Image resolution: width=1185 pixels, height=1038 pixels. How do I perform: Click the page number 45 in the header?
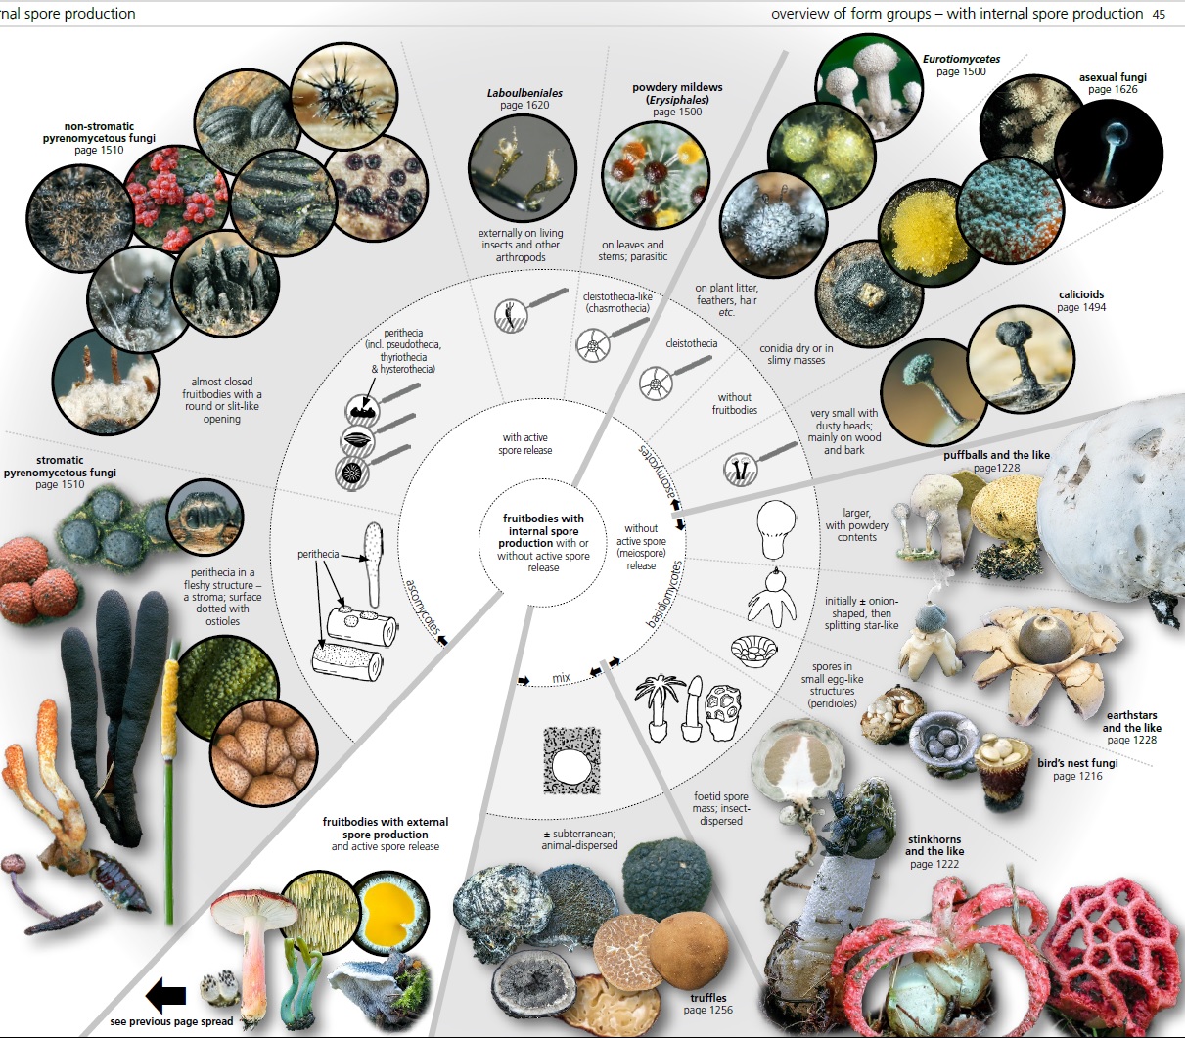pos(1159,14)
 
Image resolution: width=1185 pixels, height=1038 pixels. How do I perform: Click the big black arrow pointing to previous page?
pos(165,995)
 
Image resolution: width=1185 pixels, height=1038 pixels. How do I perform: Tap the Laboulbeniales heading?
pos(524,93)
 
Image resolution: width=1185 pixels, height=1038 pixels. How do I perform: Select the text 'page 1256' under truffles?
pos(707,1010)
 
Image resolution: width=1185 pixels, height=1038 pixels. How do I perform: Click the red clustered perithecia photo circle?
pos(177,199)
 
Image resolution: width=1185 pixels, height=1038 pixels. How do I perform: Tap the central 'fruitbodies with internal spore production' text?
pos(543,530)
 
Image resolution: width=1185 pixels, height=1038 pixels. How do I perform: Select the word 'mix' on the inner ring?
pos(561,678)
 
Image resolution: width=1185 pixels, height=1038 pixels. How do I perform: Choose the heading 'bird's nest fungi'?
pos(1077,763)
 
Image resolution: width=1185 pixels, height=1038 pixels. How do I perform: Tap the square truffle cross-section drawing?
pos(572,761)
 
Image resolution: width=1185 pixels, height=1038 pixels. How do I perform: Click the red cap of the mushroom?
pos(253,909)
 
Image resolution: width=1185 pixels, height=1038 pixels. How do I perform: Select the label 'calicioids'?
pos(1081,294)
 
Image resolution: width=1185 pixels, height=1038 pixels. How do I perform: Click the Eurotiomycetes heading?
pos(961,59)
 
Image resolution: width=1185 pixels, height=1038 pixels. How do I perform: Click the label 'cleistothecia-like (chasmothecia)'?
pos(617,302)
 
